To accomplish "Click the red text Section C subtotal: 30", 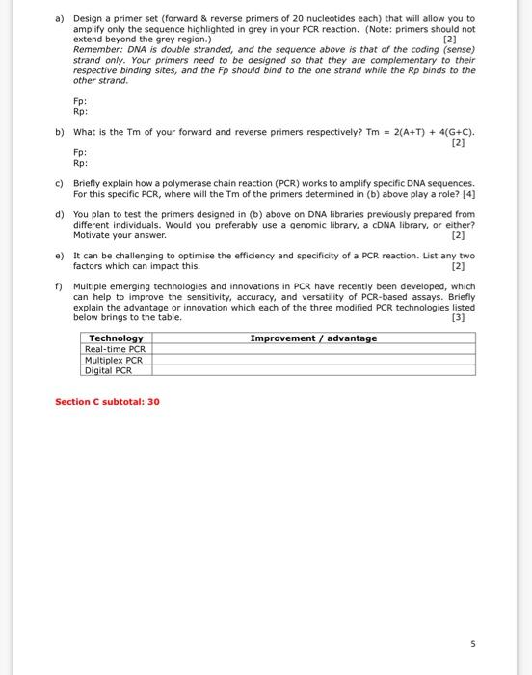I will coord(107,401).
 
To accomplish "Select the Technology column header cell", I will coord(116,337).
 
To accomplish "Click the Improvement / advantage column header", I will coord(313,337).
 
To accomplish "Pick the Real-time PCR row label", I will coord(116,349).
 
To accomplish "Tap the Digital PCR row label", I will coord(110,370).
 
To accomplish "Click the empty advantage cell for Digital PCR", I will coord(313,370).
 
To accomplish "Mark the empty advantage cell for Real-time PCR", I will coord(313,349).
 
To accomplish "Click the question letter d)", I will coord(60,214).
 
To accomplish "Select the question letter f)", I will coord(60,286).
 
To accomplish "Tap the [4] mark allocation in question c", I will coord(469,193).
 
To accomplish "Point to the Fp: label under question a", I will coord(80,100).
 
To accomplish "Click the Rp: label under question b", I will coord(80,163).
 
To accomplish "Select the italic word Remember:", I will coord(98,49).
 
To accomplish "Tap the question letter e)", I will coord(60,256).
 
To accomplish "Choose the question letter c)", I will coord(60,183).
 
